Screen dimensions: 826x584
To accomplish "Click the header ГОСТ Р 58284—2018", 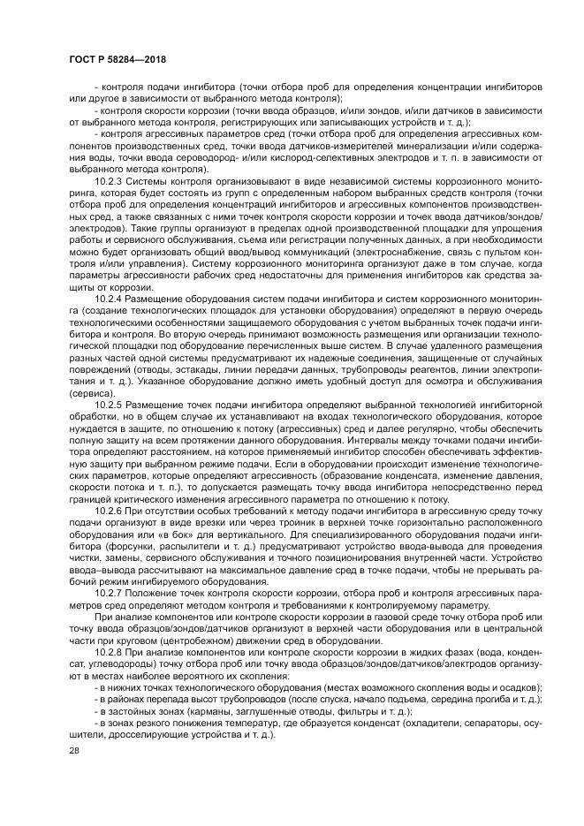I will [117, 58].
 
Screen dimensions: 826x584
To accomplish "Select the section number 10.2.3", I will [109, 176].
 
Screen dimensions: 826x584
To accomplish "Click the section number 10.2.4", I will [109, 299].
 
